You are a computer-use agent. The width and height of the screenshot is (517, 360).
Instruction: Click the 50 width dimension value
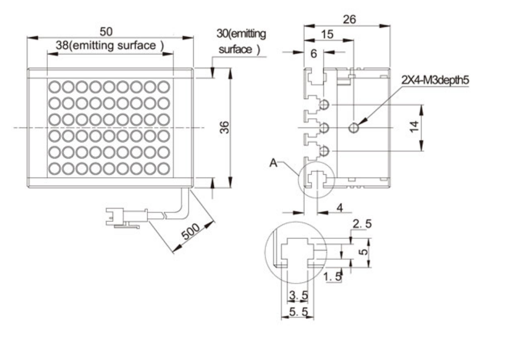pos(106,32)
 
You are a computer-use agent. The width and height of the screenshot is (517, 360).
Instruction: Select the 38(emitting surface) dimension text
pos(109,45)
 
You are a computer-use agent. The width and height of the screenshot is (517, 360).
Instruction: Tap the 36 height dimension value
pos(224,127)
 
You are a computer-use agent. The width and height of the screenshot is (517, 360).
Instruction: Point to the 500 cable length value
pos(191,231)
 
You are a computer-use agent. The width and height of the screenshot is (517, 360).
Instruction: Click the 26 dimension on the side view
pos(350,19)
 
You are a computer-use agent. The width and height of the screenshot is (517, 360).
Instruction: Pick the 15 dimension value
pos(327,34)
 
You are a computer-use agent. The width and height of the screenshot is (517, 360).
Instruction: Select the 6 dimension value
pos(313,53)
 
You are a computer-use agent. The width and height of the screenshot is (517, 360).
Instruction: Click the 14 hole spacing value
pos(414,126)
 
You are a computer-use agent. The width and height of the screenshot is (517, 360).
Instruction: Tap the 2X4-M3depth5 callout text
pos(435,80)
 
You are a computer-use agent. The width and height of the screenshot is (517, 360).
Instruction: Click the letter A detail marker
pos(274,163)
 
